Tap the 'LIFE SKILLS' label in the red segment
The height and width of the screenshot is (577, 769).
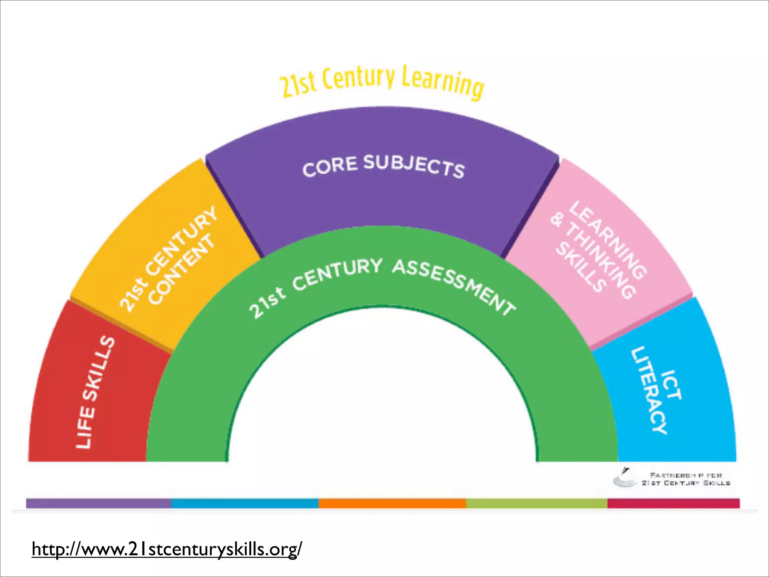point(95,392)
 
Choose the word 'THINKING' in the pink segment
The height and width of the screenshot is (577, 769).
point(600,259)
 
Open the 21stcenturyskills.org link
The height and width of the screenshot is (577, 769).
point(167,549)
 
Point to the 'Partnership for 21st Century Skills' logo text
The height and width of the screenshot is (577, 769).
point(686,479)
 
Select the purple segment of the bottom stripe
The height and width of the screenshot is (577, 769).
point(98,503)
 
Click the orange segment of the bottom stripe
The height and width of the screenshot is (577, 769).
point(392,503)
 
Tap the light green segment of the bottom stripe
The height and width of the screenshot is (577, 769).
point(537,503)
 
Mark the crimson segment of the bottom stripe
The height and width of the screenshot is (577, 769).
point(674,503)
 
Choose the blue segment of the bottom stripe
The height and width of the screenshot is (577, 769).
point(245,503)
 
